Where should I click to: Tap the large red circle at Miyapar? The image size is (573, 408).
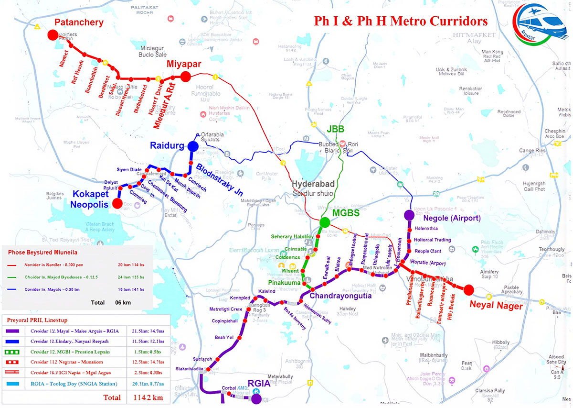[186, 76]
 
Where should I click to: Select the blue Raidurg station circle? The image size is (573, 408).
[193, 146]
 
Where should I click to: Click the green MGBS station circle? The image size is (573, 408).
[325, 222]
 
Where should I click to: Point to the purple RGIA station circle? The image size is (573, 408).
[256, 398]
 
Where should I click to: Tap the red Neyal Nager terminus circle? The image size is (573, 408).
[468, 289]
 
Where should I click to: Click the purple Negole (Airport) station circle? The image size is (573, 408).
[409, 215]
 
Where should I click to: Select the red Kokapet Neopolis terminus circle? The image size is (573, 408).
[117, 204]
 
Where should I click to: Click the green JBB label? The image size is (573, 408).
[336, 129]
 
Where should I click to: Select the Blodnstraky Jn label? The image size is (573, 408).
[223, 182]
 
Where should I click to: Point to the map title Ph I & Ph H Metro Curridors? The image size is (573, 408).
[401, 22]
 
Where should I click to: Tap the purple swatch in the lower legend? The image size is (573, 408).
[16, 331]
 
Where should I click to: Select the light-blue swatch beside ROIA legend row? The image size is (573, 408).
[16, 383]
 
